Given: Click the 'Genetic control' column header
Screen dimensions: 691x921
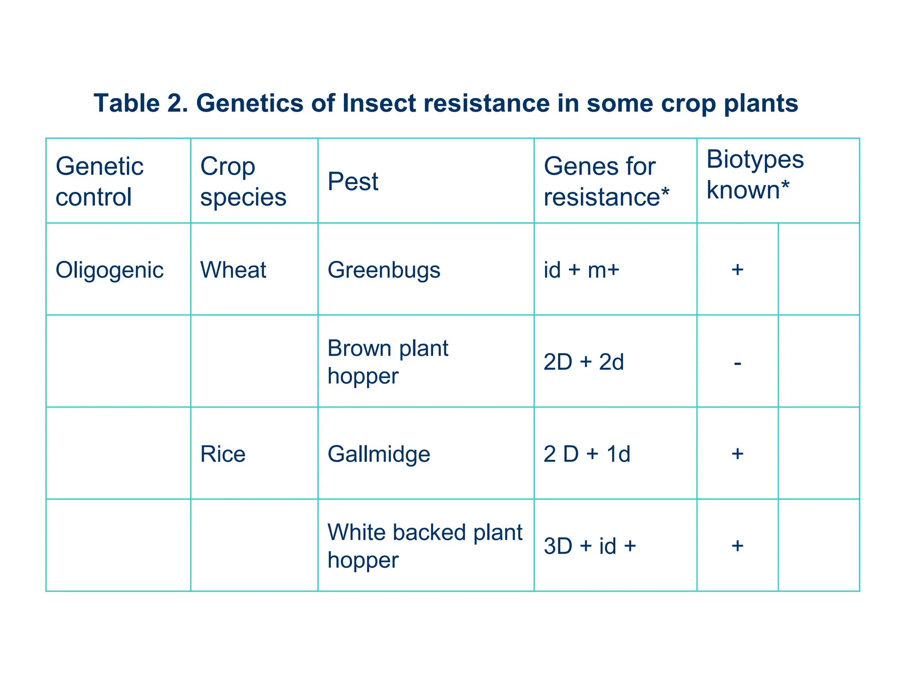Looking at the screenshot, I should point(99,181).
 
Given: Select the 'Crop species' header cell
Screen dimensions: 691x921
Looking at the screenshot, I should point(243,181).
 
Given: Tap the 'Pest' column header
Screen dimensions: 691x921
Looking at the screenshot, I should point(353,182).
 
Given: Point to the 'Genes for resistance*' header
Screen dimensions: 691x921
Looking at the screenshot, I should point(606,181).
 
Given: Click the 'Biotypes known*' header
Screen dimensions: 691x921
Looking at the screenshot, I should point(755,174).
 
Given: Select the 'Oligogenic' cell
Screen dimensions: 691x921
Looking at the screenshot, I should point(109,270).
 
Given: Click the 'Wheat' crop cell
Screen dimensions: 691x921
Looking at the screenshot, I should point(233,270).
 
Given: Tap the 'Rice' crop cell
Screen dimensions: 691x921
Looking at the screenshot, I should point(223,454).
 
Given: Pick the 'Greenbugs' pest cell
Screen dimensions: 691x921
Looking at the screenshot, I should point(384,270).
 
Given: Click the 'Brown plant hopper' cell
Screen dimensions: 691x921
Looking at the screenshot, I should point(388,362).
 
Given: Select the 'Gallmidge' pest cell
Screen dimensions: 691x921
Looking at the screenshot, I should point(379,454).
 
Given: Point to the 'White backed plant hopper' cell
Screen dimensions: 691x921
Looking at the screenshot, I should point(425,546).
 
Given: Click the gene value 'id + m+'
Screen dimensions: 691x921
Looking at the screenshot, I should point(581,270).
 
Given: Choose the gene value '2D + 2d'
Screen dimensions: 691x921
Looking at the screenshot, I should point(584,362).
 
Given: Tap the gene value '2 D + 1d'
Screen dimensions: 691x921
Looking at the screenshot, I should point(587,454).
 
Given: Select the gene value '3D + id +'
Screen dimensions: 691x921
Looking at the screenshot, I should point(590,546).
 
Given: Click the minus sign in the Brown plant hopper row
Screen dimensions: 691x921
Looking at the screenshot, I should point(738,363).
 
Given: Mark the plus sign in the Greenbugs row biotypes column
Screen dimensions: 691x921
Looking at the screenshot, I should point(738,270).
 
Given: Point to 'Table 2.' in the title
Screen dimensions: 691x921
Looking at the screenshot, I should point(141,103).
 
